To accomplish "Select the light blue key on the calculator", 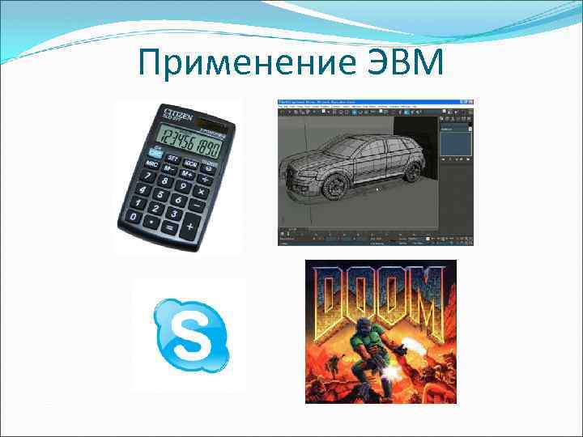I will (x=156, y=151).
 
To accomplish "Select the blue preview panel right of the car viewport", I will (x=456, y=145).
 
